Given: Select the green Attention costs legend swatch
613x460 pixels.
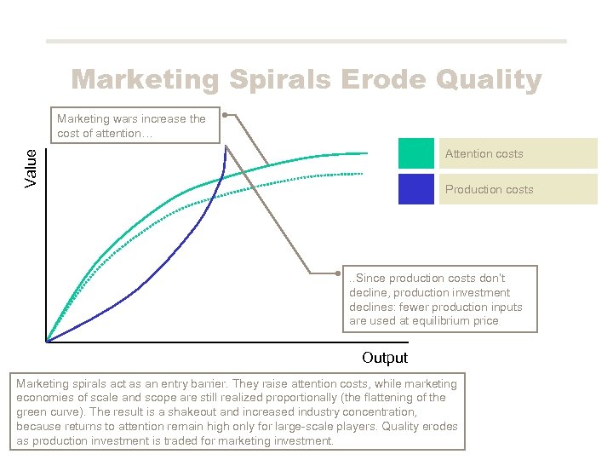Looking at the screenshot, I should pos(415,153).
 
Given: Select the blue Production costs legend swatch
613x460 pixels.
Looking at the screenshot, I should pos(415,189).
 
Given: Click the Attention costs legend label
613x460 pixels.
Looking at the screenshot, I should pos(484,154).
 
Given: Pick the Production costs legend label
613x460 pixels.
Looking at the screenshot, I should pos(489,190).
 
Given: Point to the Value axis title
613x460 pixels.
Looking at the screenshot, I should pos(32,168).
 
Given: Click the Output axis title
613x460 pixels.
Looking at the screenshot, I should pos(384,358).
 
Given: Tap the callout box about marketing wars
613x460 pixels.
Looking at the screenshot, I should pos(135,126).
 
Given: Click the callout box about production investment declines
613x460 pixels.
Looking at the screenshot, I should pos(439,299).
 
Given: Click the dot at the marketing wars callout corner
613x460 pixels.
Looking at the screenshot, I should pos(224,113).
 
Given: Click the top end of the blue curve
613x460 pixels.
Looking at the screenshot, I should pos(226,147).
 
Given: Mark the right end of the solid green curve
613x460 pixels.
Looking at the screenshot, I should pos(367,153).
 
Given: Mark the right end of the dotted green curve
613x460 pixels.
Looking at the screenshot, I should pos(363,173).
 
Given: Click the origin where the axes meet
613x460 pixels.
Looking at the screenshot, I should pos(46,342).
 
